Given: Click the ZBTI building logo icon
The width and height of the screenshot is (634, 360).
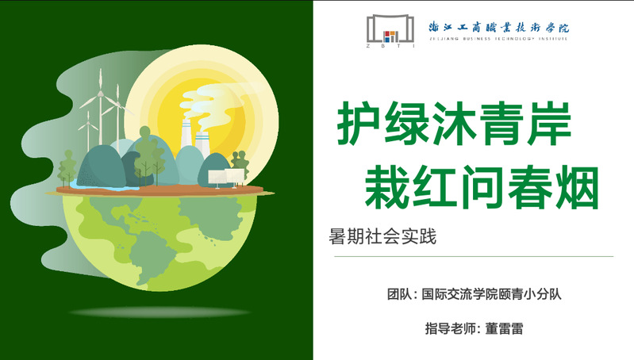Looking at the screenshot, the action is click(390, 31).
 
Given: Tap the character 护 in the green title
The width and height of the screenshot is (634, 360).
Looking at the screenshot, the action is click(359, 123).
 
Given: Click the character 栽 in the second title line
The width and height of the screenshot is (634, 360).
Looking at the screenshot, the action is click(386, 187).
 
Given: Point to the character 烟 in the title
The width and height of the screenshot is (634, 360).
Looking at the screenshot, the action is click(578, 187).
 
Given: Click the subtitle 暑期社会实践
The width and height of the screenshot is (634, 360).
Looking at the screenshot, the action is click(382, 236).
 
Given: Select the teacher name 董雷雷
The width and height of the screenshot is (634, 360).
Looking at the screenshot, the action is click(504, 328).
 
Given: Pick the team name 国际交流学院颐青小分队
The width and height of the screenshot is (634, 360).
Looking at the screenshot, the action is click(491, 293).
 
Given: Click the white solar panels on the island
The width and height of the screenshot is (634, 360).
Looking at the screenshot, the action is click(226, 178).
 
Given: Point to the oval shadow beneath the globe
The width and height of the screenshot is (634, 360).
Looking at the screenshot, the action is click(160, 312).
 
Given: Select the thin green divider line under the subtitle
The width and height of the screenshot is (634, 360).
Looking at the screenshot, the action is click(474, 256).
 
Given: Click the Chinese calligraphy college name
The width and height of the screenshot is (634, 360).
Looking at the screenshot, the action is click(498, 27).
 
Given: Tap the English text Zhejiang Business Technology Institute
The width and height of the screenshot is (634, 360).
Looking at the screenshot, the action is click(498, 39).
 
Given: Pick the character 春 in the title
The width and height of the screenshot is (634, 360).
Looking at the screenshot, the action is click(530, 187).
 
